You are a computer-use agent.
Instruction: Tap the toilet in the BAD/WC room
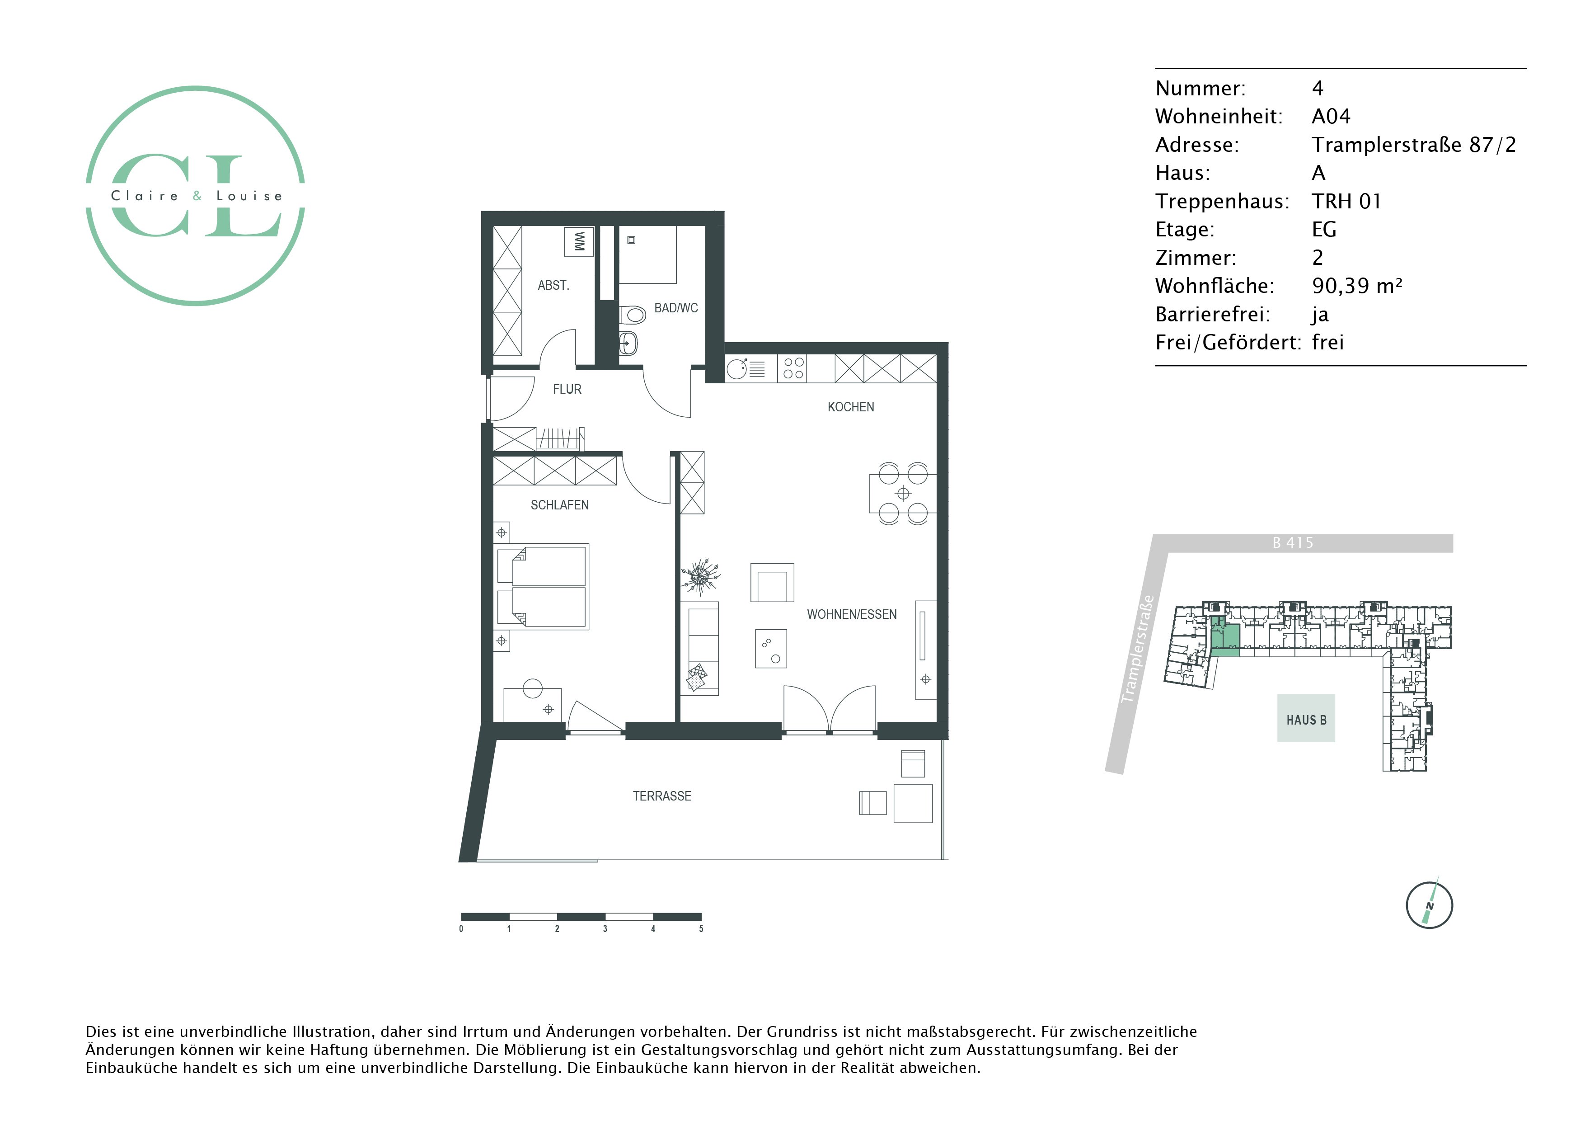coord(633,315)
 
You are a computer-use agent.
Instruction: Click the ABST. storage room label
coord(553,285)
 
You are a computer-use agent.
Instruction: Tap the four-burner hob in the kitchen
coord(793,368)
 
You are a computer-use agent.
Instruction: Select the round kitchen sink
coord(736,369)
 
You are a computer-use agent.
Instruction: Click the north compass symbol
coord(1429,905)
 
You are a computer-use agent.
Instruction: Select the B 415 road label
coord(1293,543)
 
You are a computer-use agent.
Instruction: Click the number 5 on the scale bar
coord(701,929)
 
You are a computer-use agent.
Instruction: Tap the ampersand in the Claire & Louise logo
coord(197,196)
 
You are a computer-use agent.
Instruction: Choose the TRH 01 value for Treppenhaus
coord(1346,201)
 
